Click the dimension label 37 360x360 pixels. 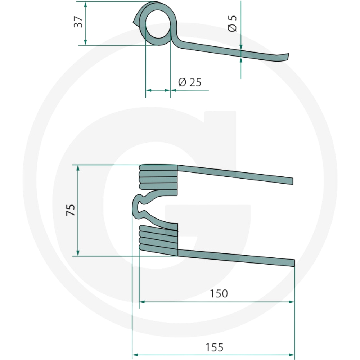pyautogui.click(x=78, y=22)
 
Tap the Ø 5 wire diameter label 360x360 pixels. pyautogui.click(x=232, y=23)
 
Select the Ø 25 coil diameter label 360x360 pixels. pyautogui.click(x=190, y=82)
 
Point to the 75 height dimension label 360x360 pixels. pyautogui.click(x=71, y=210)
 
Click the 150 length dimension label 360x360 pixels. pyautogui.click(x=219, y=293)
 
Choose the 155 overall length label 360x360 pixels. pyautogui.click(x=214, y=347)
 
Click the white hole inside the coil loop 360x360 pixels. pyautogui.click(x=158, y=24)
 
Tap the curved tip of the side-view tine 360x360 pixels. pyautogui.click(x=285, y=57)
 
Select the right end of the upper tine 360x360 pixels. pyautogui.click(x=292, y=181)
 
